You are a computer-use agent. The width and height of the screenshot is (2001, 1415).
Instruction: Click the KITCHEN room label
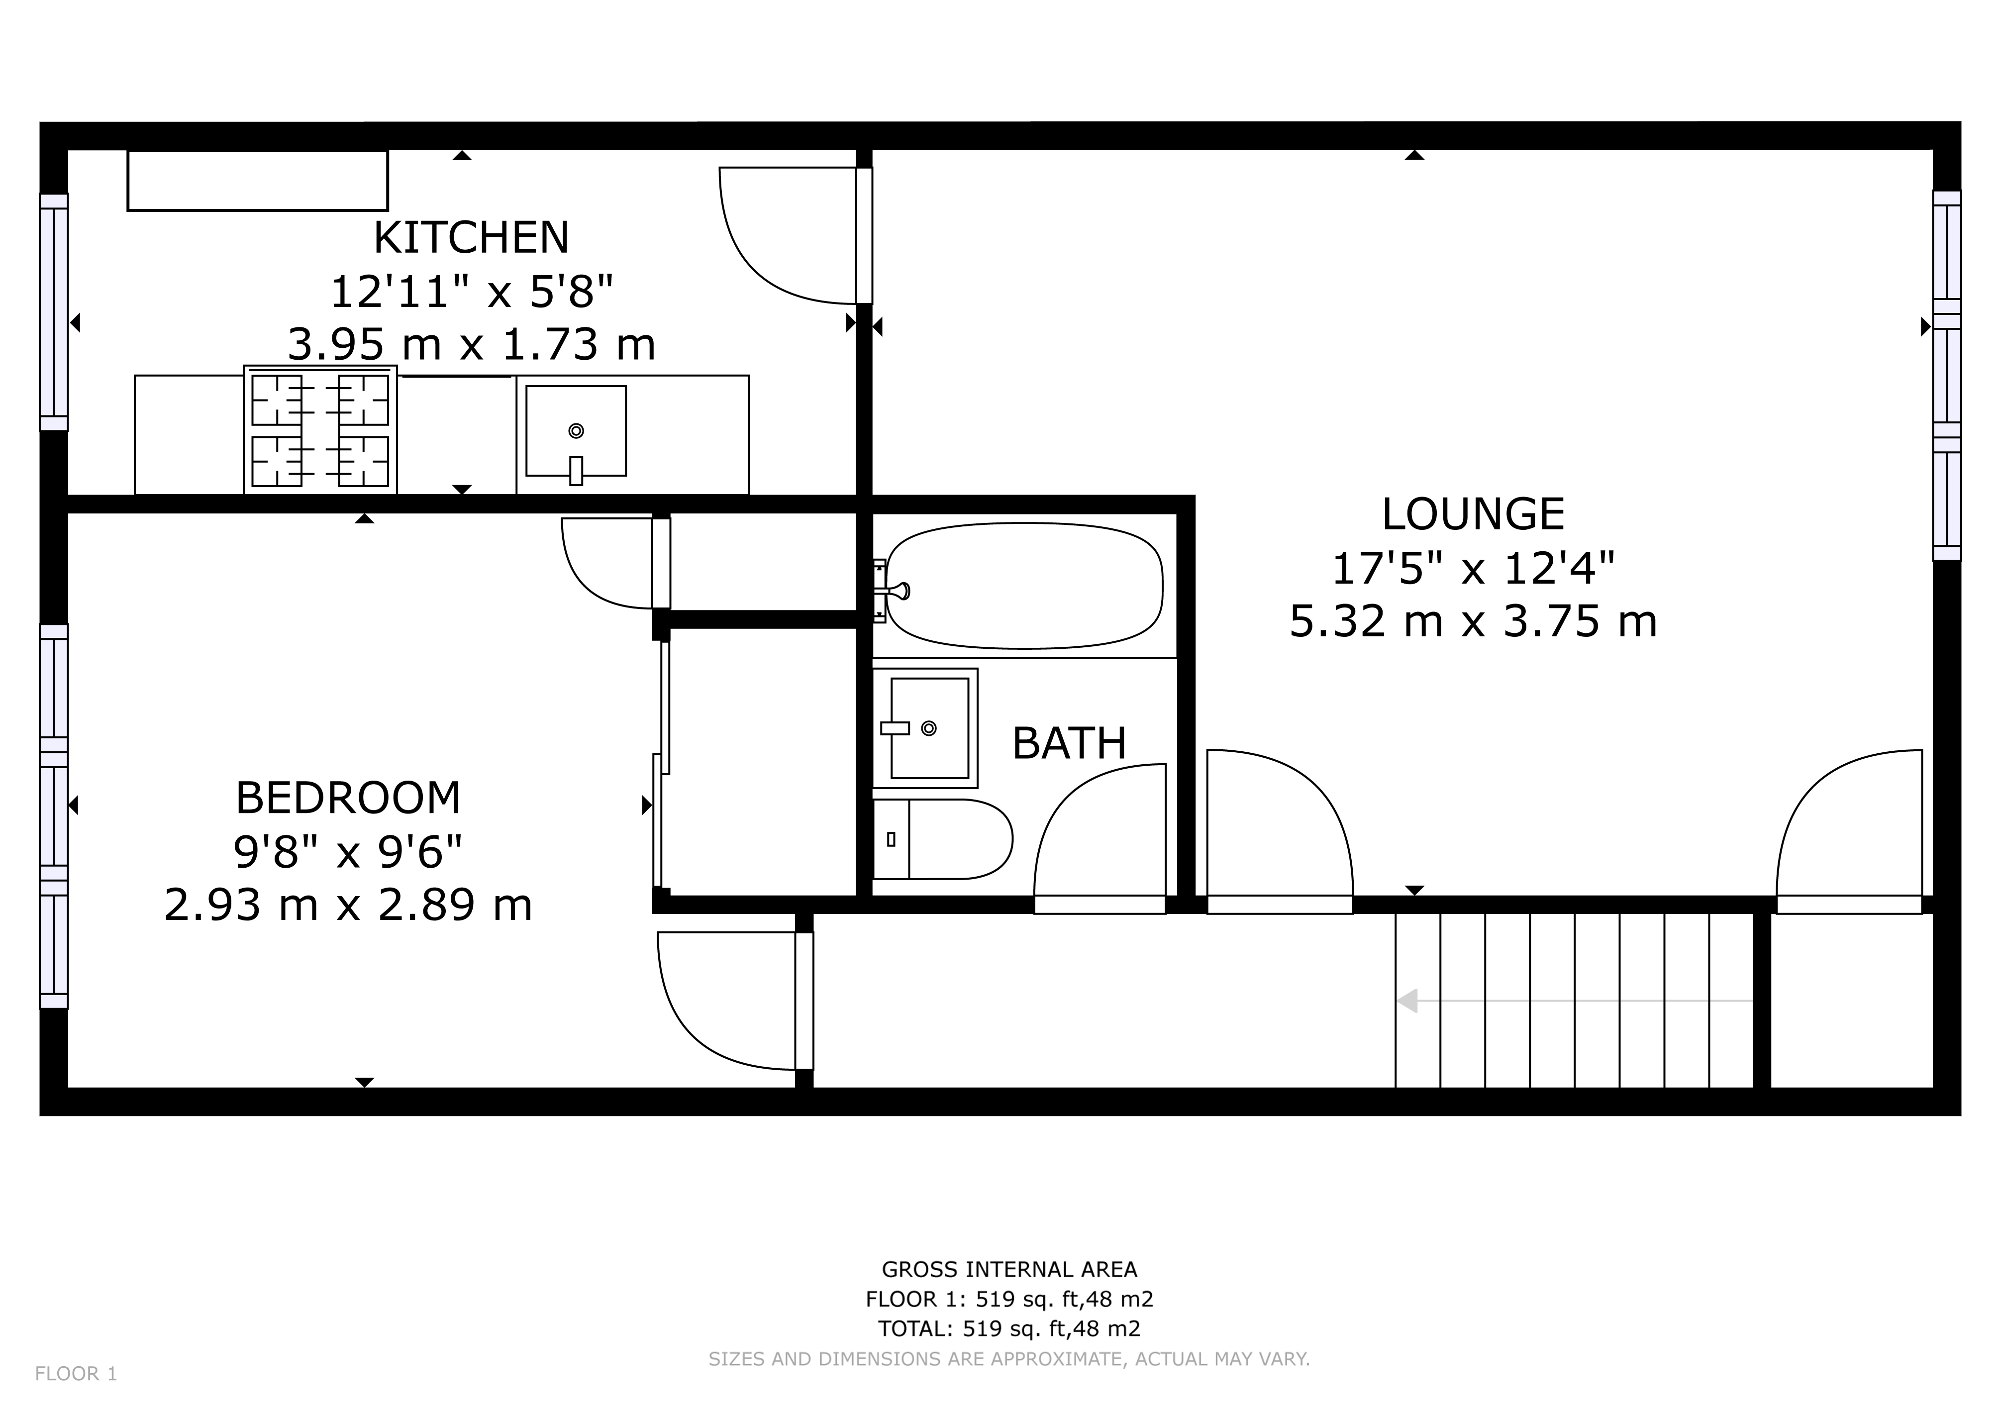[471, 238]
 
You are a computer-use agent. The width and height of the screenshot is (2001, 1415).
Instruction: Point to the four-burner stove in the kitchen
[320, 430]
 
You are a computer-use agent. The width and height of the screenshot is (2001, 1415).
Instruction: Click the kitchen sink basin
[575, 430]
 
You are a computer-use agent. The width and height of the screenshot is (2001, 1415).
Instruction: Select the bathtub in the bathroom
[1024, 586]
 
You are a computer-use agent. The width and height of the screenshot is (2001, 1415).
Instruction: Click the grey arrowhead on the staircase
[1406, 1001]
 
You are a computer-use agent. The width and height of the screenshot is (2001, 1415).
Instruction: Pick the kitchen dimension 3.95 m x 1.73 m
[471, 345]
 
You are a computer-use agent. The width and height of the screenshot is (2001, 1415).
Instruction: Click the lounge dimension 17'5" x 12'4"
[1472, 569]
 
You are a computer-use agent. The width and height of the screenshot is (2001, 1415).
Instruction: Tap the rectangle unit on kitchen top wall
[257, 181]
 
